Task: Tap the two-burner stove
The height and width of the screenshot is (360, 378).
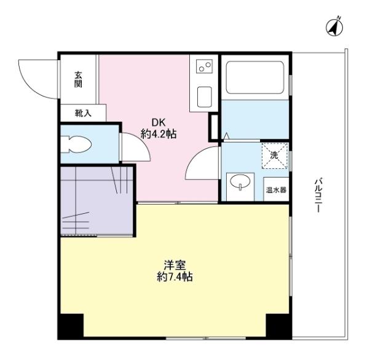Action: (205, 66)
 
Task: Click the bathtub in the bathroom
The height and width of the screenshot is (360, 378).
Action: (253, 77)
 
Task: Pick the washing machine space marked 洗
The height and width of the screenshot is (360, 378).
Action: (275, 155)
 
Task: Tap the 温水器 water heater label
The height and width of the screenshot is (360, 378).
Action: (275, 189)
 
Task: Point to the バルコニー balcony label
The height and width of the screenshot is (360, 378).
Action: (318, 195)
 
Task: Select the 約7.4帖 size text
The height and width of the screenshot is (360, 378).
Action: (174, 278)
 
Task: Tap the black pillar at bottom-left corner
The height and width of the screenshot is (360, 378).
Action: (71, 326)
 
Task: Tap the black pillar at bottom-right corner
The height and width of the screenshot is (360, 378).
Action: (277, 326)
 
